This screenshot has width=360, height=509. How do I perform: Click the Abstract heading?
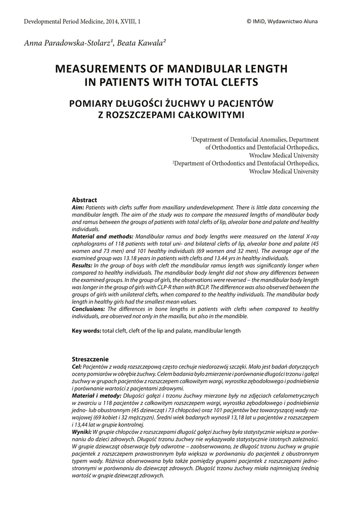coord(85,200)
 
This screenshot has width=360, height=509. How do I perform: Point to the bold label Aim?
coord(78,206)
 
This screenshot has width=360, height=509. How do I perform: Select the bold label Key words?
coord(87,330)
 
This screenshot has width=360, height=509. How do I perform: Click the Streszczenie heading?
coord(90,359)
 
